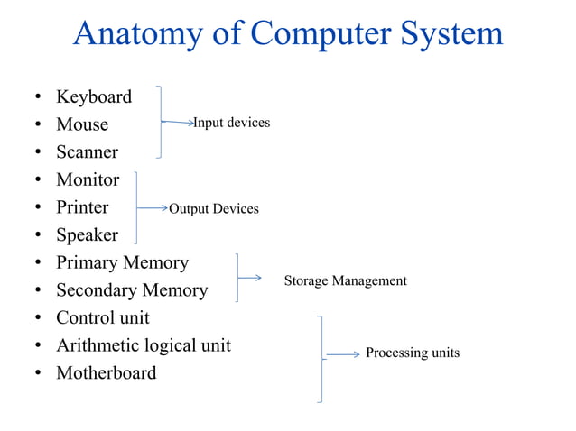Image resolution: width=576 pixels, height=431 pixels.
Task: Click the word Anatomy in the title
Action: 139,33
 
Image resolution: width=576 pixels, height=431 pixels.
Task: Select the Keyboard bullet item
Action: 94,96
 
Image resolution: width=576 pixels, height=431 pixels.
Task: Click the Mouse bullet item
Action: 82,124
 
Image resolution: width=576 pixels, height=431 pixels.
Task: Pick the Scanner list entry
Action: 87,152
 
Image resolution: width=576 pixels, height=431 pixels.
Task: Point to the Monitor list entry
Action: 88,179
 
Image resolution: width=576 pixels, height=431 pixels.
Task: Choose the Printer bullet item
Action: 82,207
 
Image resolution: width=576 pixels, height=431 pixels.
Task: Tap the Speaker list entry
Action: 87,235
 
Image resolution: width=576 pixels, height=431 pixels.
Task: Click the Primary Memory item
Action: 122,262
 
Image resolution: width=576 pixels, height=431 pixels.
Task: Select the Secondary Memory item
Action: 132,290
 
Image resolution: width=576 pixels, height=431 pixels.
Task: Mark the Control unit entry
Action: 103,317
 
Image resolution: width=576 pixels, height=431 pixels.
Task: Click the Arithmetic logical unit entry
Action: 144,345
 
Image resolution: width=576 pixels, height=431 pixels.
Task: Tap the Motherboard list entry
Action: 106,373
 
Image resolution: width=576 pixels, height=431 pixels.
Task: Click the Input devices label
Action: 232,123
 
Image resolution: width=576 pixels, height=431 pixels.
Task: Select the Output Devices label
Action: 214,209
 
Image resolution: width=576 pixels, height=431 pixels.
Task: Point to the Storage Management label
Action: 345,281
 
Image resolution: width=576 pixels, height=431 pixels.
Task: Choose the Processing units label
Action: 412,353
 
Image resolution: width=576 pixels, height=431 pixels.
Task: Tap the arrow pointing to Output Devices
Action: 152,208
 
